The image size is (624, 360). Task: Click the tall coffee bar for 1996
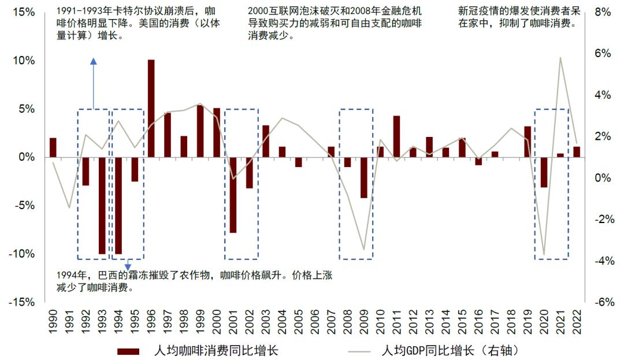151,108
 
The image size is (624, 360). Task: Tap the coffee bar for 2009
364,177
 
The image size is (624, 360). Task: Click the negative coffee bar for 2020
544,172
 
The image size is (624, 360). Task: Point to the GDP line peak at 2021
560,57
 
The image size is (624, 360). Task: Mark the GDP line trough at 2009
364,250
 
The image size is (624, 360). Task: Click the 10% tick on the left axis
22,61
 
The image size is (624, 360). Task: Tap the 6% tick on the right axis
603,53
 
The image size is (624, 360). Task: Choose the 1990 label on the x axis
53,321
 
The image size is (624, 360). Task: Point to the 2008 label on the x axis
348,321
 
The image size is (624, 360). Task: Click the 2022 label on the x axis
577,321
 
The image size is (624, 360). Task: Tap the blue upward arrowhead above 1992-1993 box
93,61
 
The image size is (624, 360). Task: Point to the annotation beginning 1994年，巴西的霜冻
194,281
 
